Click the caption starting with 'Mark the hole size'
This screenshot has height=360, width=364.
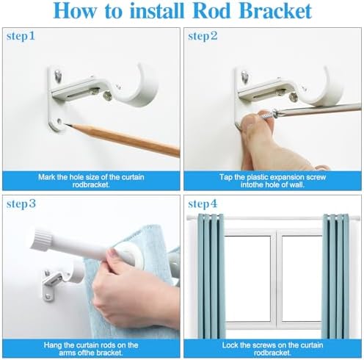(x=91, y=181)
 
